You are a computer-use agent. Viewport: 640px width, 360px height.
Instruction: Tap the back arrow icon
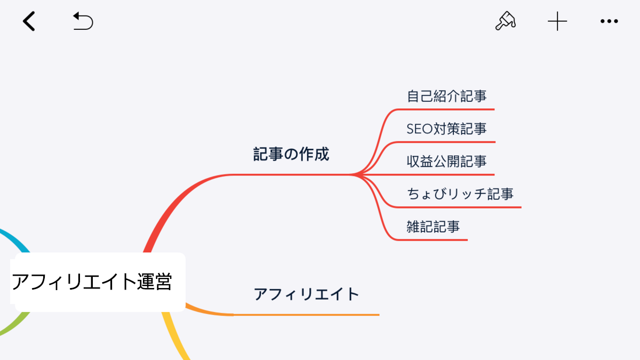point(29,21)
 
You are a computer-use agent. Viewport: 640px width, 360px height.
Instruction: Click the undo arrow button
point(83,21)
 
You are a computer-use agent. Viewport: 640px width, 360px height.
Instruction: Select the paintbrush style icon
point(506,21)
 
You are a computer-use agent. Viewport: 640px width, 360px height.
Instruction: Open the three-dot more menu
point(609,21)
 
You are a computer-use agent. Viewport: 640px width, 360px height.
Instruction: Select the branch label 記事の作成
point(291,154)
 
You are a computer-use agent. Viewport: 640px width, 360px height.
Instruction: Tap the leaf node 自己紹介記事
point(446,96)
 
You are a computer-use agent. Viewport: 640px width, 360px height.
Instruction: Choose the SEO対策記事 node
point(446,129)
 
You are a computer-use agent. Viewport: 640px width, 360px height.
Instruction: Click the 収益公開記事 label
point(446,162)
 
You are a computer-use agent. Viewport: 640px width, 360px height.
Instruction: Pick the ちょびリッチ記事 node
point(460,194)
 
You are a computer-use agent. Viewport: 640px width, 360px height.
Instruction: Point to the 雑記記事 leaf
point(433,227)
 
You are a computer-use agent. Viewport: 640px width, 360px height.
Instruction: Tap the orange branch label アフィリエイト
point(307,294)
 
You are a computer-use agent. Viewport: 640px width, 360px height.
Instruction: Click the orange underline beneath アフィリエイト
point(306,315)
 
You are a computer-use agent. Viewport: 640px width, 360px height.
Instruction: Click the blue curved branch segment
point(17,238)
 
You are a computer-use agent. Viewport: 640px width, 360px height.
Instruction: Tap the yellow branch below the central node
point(175,336)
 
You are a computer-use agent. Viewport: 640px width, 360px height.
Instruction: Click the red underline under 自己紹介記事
point(446,109)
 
